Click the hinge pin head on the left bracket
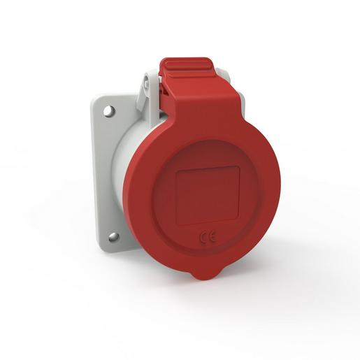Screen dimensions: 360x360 (x=148, y=84)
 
